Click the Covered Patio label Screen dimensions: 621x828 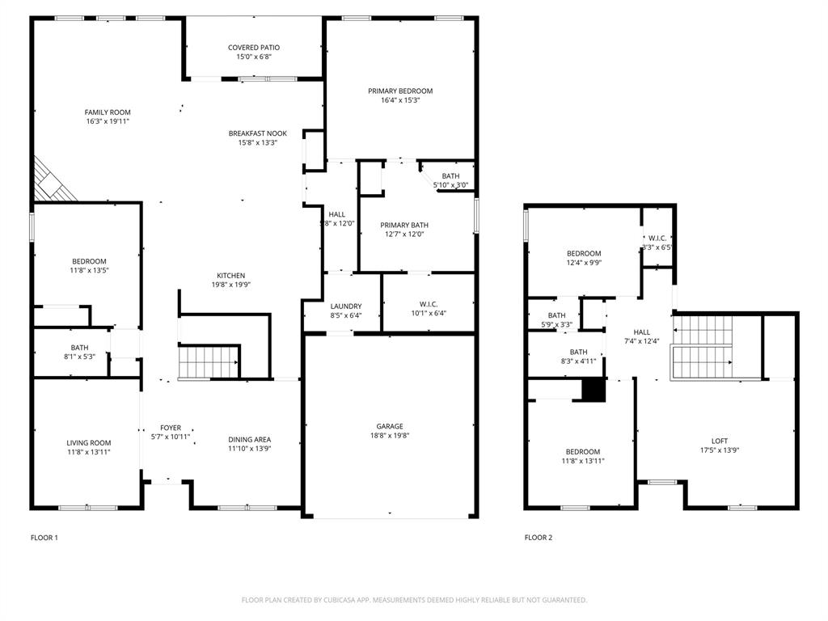254,48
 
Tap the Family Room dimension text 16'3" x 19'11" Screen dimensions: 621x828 108,121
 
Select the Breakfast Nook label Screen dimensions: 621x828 257,133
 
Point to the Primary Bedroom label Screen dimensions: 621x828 400,91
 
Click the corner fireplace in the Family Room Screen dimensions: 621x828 51,183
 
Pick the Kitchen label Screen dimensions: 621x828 230,276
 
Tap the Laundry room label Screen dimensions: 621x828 346,306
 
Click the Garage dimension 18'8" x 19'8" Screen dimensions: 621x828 389,436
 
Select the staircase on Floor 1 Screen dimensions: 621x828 209,361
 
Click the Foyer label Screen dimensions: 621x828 171,428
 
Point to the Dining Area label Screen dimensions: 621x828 250,440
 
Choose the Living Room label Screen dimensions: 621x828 89,443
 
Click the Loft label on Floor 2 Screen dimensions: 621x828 719,441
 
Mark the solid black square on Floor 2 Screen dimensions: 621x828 594,390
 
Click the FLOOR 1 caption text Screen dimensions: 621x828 44,538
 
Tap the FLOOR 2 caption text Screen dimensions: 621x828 539,538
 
